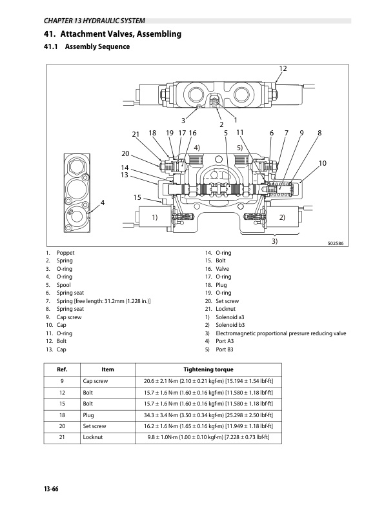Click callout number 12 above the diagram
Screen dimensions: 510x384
(x=283, y=68)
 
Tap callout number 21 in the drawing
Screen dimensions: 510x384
(x=136, y=134)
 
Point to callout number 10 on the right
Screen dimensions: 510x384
(x=323, y=164)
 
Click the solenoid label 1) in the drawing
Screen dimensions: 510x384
(x=155, y=217)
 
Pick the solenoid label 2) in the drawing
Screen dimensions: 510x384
(x=282, y=217)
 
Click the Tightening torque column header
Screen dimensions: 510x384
(x=208, y=369)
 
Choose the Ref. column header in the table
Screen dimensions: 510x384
(x=63, y=369)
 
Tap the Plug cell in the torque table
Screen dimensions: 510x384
(x=89, y=416)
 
